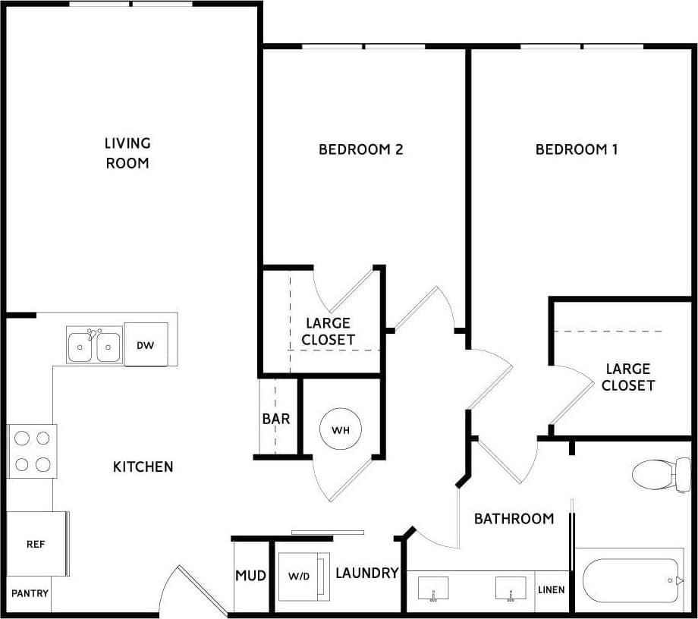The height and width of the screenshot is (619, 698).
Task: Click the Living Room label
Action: pyautogui.click(x=127, y=152)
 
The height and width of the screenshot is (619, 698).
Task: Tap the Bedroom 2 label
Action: pyautogui.click(x=360, y=149)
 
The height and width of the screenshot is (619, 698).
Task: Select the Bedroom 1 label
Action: pyautogui.click(x=577, y=149)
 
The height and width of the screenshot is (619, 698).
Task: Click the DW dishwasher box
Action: pyautogui.click(x=146, y=345)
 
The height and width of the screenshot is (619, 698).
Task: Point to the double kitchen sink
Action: pyautogui.click(x=94, y=346)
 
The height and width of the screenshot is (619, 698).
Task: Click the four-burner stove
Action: pyautogui.click(x=33, y=451)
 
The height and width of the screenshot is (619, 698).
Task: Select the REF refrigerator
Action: pyautogui.click(x=35, y=544)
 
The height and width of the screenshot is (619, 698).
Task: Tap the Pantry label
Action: pyautogui.click(x=30, y=593)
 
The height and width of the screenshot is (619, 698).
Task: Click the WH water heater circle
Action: pyautogui.click(x=340, y=430)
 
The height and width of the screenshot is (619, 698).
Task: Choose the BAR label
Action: pyautogui.click(x=276, y=419)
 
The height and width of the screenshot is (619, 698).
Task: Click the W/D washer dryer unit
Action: pyautogui.click(x=300, y=577)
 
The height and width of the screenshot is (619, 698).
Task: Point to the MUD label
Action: pyautogui.click(x=250, y=576)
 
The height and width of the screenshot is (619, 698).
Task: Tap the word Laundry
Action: pyautogui.click(x=367, y=573)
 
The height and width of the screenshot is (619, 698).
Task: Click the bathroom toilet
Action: pyautogui.click(x=656, y=474)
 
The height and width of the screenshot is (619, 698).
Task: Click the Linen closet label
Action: pyautogui.click(x=552, y=589)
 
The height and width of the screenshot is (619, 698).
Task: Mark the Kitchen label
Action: pyautogui.click(x=143, y=467)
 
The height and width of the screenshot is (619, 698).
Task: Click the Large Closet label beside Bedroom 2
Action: pyautogui.click(x=328, y=331)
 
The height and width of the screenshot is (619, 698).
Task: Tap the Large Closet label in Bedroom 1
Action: pyautogui.click(x=628, y=377)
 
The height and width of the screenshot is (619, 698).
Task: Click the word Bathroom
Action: pyautogui.click(x=514, y=519)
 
